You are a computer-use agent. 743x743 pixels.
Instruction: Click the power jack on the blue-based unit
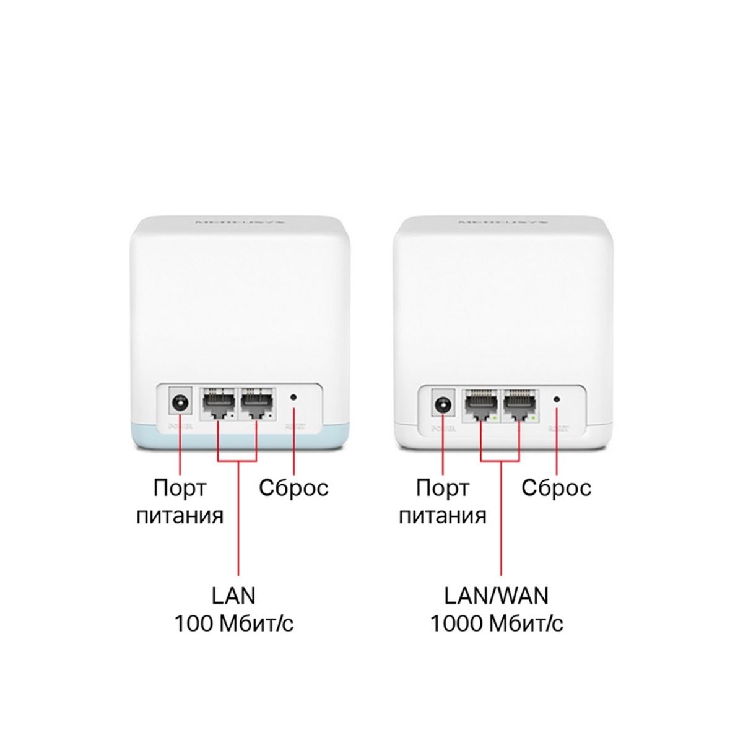click(180, 404)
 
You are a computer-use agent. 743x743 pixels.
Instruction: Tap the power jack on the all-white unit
click(442, 406)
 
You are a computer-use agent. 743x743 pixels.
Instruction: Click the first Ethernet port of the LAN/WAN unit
click(480, 406)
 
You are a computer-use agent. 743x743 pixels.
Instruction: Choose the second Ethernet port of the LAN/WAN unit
click(519, 406)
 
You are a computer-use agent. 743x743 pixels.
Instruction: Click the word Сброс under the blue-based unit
click(293, 488)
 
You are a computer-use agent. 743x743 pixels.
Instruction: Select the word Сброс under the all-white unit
click(556, 488)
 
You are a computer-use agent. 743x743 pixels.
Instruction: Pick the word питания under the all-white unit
click(442, 516)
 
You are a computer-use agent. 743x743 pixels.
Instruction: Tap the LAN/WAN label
click(497, 596)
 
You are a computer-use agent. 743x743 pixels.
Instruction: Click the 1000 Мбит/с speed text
click(497, 624)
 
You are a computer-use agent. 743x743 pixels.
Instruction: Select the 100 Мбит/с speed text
click(234, 624)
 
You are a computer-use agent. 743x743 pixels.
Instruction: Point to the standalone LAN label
click(233, 596)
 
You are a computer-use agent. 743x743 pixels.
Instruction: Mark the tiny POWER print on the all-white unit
click(443, 428)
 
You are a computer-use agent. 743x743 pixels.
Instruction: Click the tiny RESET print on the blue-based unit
click(292, 427)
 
